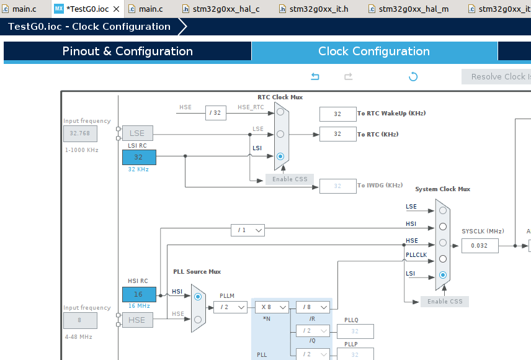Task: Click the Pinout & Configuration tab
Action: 127,52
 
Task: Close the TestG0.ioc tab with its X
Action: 116,9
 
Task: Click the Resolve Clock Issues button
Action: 496,76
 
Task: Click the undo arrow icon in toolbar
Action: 315,76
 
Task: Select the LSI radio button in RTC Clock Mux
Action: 280,156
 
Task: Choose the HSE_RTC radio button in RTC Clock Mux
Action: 280,112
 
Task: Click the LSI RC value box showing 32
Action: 138,157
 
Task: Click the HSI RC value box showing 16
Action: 138,294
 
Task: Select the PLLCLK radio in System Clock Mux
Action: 442,258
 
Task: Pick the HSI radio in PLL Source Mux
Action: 198,297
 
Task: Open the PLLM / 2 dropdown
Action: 230,307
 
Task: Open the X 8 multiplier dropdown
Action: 272,307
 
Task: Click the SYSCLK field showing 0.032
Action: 480,245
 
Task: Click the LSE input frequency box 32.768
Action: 79,133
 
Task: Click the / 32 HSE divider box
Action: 216,113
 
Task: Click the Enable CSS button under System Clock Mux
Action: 444,301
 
